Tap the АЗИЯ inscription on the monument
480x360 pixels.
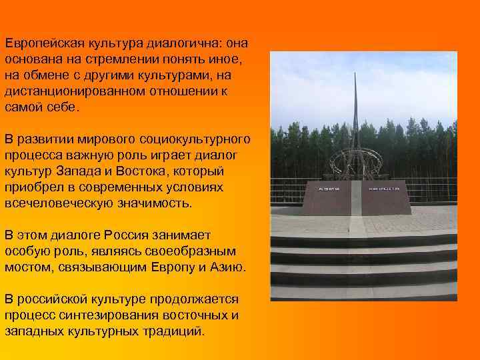326,189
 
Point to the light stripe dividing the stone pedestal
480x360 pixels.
357,200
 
